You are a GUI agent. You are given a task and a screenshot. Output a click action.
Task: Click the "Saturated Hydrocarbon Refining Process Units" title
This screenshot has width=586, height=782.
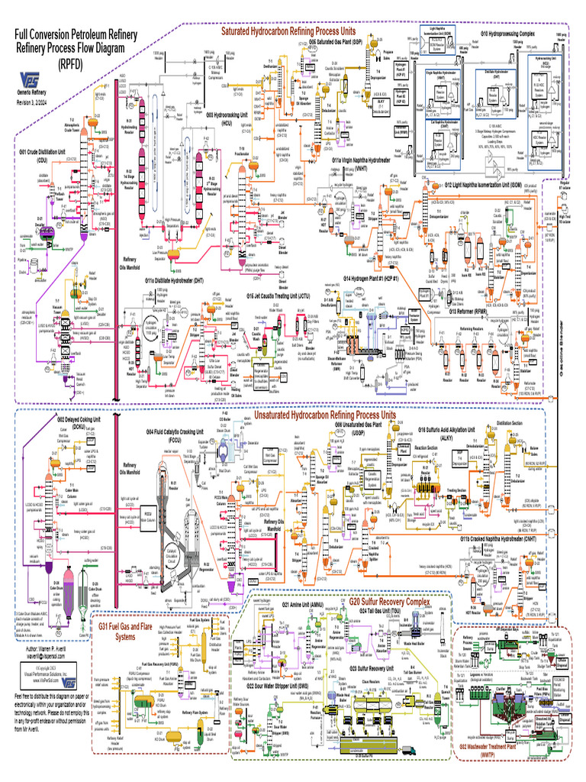click(288, 32)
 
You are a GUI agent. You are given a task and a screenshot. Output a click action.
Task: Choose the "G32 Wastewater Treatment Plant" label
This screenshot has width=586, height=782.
click(526, 769)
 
